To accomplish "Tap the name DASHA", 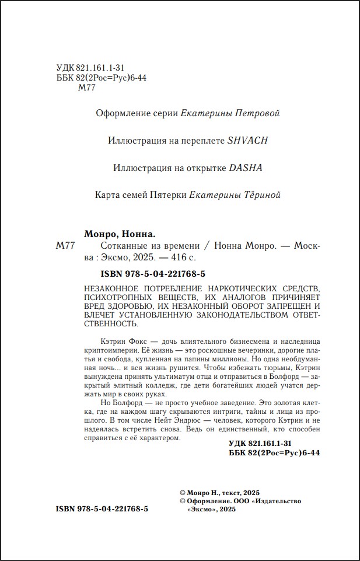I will tap(246, 168).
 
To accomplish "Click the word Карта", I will tap(108, 195).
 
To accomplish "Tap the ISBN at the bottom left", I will tap(102, 508).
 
